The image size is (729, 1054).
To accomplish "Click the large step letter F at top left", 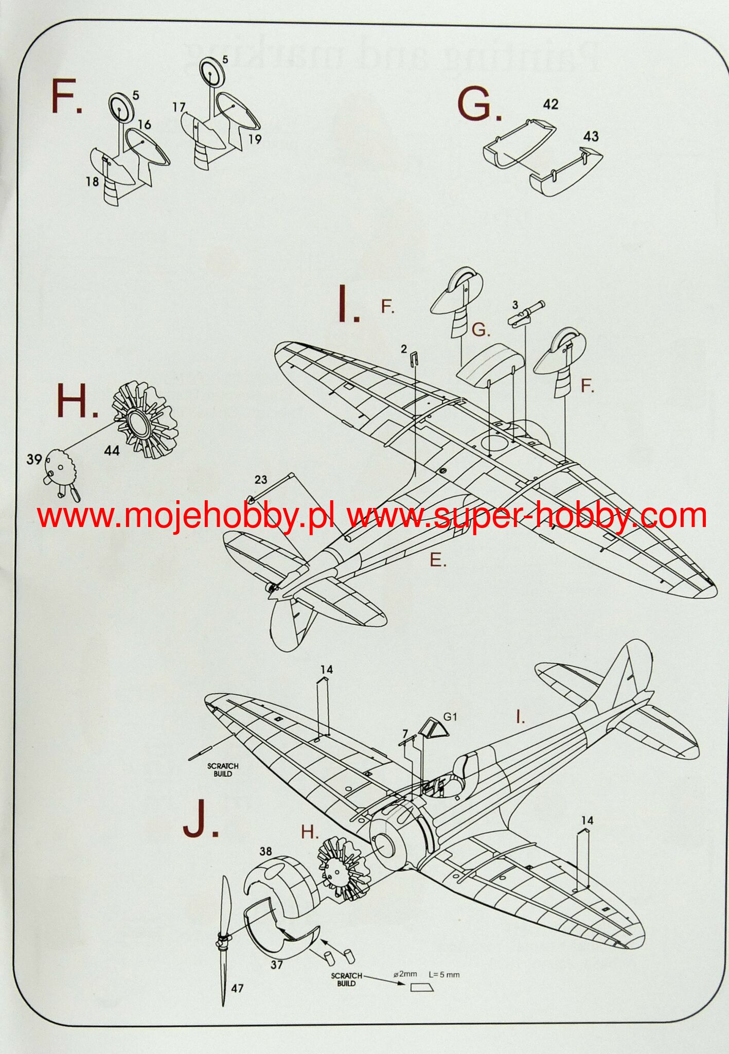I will pos(65,98).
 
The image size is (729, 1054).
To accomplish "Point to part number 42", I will pos(550,104).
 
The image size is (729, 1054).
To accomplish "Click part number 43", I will pos(591,136).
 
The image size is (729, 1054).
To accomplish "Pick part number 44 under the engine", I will pos(111,451).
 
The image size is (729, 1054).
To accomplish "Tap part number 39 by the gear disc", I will pos(33,459).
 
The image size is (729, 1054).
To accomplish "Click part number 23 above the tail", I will pos(261,480).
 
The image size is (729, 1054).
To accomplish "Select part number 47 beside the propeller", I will pos(237,988).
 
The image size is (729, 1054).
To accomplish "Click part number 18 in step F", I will pos(93,182).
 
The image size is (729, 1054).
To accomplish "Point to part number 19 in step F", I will pos(255,139).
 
